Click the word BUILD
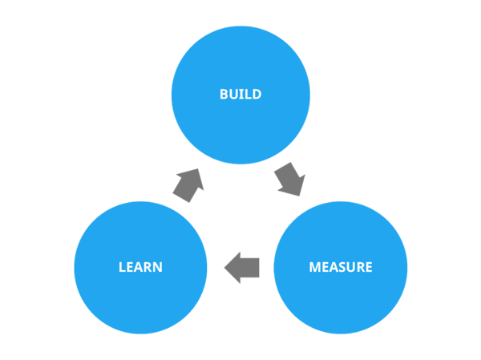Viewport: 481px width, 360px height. [x=240, y=94]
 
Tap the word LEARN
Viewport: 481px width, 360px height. [x=140, y=267]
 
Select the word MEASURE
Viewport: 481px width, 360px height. [x=341, y=267]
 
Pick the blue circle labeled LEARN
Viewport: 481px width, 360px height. [x=140, y=297]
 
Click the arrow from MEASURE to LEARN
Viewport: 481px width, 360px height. [x=241, y=267]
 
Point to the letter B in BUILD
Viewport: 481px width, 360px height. [x=224, y=94]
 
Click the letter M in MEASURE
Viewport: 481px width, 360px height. [x=315, y=267]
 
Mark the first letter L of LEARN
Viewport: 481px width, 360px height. [x=122, y=267]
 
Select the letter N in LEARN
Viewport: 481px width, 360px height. [x=157, y=267]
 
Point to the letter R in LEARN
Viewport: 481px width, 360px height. [x=148, y=267]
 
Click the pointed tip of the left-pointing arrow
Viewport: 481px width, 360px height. [x=224, y=267]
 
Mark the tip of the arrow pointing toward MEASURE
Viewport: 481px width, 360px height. [x=301, y=194]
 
